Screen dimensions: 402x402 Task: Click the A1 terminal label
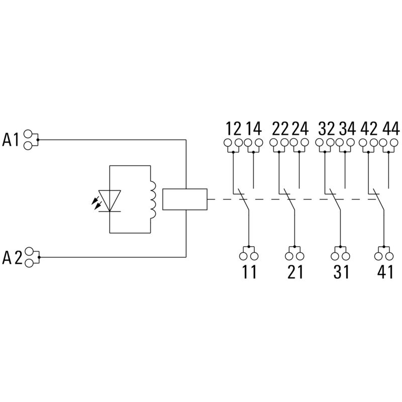(x=11, y=140)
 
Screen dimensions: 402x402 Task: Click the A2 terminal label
(x=11, y=258)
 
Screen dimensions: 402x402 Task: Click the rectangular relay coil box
(x=185, y=199)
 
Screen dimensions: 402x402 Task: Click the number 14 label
(x=253, y=128)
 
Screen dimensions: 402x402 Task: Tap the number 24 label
(x=299, y=128)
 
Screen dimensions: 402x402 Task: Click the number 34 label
(x=346, y=128)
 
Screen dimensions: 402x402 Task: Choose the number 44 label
(x=390, y=128)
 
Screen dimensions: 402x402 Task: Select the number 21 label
(x=295, y=272)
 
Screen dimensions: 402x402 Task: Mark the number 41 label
(x=385, y=272)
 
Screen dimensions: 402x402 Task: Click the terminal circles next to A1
(x=30, y=140)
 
